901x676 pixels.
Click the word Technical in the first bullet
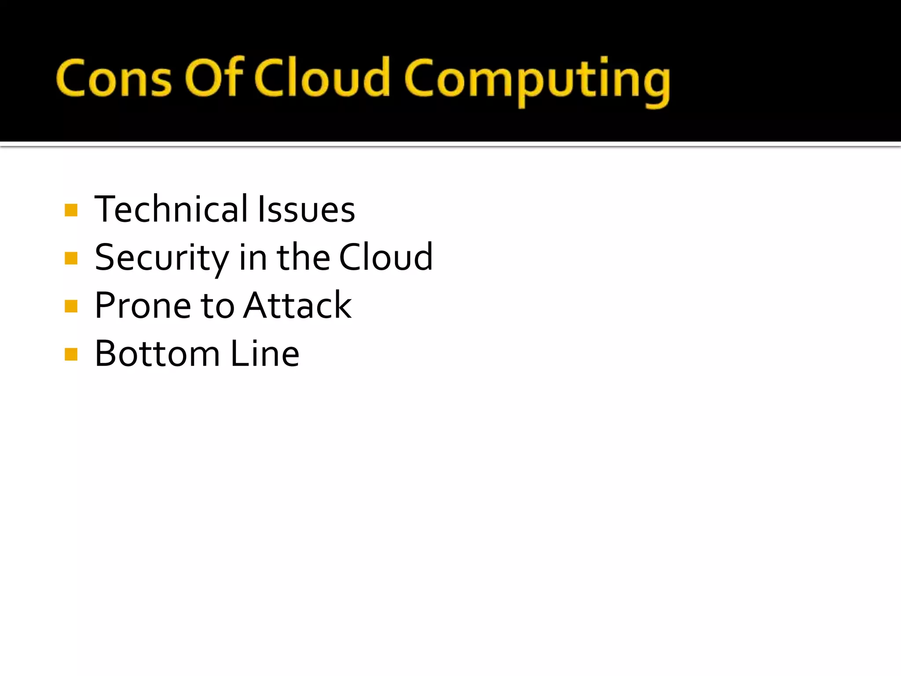click(x=171, y=209)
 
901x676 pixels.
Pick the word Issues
click(x=306, y=210)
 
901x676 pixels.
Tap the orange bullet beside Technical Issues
click(x=71, y=210)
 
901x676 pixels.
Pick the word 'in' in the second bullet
click(x=253, y=258)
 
